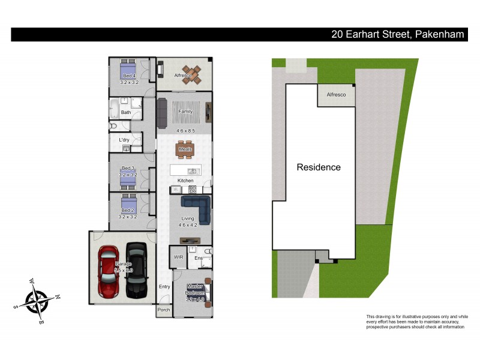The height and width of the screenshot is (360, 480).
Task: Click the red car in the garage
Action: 109,271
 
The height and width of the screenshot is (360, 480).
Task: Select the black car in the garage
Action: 136,271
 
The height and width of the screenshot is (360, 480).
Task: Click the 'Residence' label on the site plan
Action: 319,167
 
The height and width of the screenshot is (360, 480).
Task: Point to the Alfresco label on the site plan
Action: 336,95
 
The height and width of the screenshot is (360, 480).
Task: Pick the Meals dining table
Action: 184,149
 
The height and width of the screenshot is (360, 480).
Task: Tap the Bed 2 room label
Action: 128,211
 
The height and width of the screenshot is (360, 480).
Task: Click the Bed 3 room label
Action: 128,168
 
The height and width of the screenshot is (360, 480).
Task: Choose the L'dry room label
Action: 124,140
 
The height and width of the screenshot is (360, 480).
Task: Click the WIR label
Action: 178,257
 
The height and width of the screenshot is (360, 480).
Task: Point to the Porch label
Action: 163,310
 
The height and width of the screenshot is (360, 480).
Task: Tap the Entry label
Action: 164,287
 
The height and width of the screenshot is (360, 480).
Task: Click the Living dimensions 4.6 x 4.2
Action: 188,225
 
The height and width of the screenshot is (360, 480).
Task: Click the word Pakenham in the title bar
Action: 439,35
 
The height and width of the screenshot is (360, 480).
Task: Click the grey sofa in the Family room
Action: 161,113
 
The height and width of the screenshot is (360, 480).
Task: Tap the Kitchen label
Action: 185,181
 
